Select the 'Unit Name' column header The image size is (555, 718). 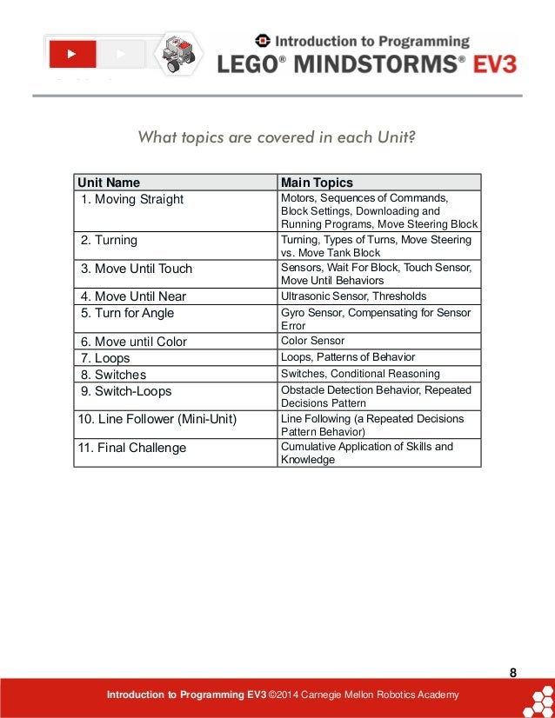pos(109,183)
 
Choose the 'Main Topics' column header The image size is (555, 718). pos(317,183)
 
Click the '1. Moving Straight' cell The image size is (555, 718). pos(131,199)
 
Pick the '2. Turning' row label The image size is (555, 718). pos(109,240)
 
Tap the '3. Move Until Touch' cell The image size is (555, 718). pos(137,268)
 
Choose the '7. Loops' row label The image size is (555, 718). pos(105,358)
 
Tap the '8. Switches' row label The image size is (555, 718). pos(113,375)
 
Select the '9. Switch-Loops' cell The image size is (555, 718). pos(126,390)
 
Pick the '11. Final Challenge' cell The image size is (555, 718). pos(131,449)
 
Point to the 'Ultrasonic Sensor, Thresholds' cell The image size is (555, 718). pos(353,296)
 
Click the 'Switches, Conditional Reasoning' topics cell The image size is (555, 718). pos(361,374)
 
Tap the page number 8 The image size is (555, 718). pos(512,672)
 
